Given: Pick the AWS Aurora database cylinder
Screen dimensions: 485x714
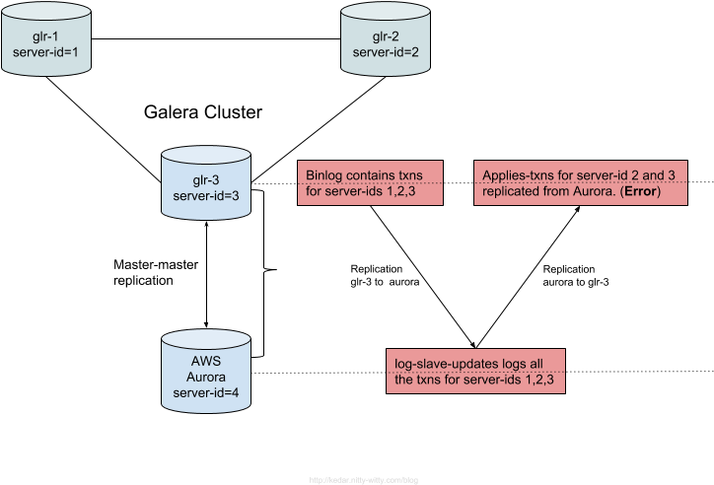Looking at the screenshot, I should tap(205, 370).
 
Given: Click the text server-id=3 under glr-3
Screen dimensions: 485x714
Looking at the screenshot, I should tap(205, 196).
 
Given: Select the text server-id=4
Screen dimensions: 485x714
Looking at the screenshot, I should tap(205, 393).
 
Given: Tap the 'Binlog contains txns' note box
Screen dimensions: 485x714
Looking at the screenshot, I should tap(370, 182).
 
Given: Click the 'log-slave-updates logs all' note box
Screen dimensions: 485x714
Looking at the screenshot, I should tap(475, 371).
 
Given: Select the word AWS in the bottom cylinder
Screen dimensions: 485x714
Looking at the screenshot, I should tap(205, 361).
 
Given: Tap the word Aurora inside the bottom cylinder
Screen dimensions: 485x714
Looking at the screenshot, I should tap(205, 377).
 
